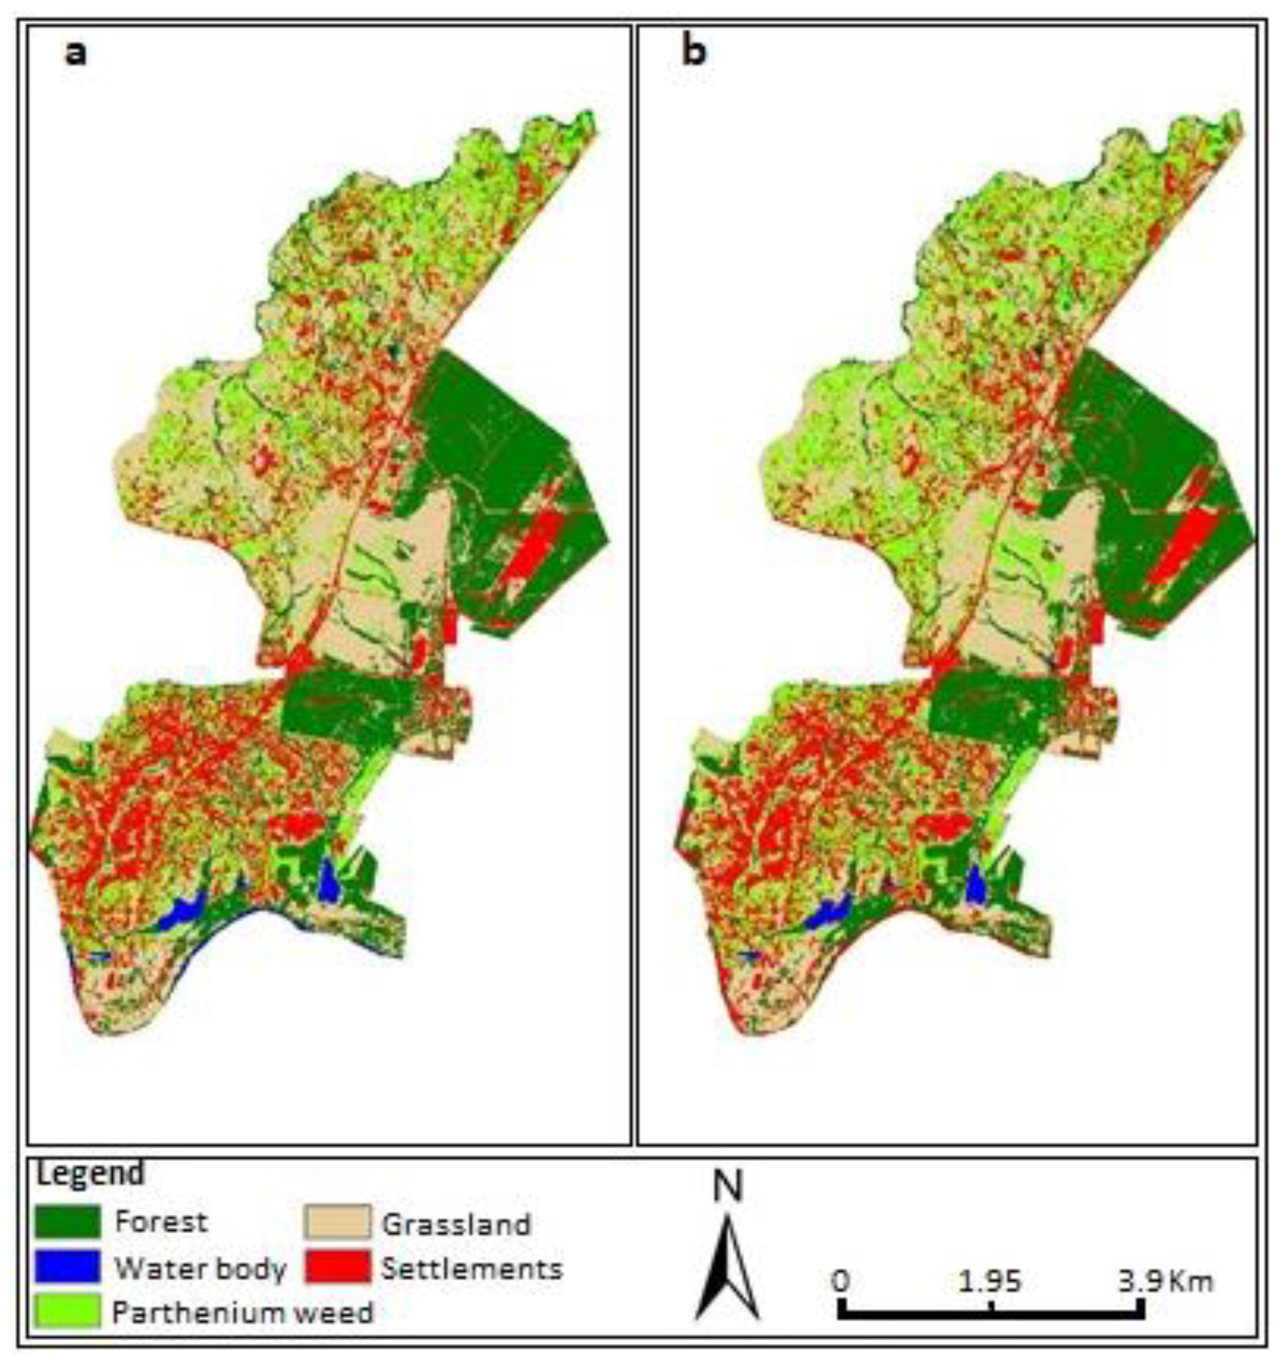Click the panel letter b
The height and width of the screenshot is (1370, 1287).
tap(694, 52)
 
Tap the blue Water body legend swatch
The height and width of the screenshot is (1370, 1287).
tap(67, 1267)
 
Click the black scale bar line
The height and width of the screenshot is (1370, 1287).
tap(991, 1314)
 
